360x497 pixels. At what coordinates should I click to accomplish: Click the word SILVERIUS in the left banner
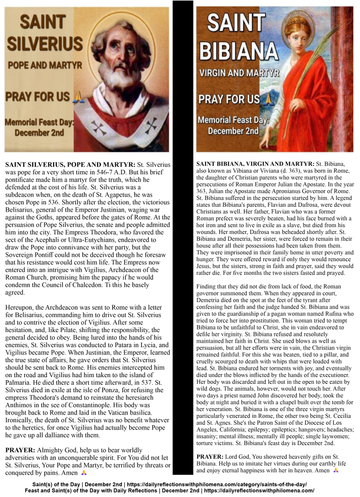click(x=45, y=44)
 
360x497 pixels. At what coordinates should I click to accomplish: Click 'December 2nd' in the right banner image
click(x=233, y=131)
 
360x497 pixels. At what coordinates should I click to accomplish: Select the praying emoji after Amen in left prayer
click(x=84, y=473)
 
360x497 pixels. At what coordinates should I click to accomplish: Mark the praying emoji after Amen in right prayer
click(x=336, y=470)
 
